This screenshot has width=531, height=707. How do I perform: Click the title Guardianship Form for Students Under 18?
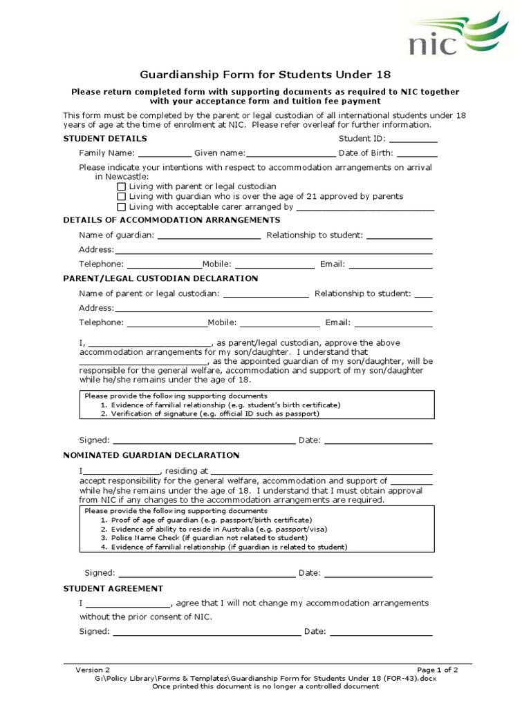pyautogui.click(x=270, y=74)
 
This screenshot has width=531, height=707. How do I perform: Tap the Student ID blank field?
pyautogui.click(x=413, y=139)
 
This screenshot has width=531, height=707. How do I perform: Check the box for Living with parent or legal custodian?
pyautogui.click(x=122, y=186)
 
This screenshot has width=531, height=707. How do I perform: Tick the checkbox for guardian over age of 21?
pyautogui.click(x=122, y=197)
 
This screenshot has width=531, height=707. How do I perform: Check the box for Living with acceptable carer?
pyautogui.click(x=122, y=206)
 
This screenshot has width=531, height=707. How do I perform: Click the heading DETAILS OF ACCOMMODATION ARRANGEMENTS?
pyautogui.click(x=171, y=220)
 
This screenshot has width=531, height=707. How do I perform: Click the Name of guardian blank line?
pyautogui.click(x=209, y=236)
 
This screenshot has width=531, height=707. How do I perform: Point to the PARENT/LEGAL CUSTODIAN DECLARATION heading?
pyautogui.click(x=160, y=278)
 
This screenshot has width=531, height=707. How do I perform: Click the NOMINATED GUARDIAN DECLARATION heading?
pyautogui.click(x=151, y=456)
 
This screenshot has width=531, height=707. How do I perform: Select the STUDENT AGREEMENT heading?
pyautogui.click(x=113, y=589)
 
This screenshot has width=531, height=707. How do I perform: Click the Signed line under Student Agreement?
pyautogui.click(x=207, y=632)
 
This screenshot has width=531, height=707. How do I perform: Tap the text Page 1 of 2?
pyautogui.click(x=437, y=670)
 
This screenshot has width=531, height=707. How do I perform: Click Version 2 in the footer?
pyautogui.click(x=93, y=670)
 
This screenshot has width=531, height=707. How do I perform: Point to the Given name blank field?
pyautogui.click(x=290, y=154)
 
